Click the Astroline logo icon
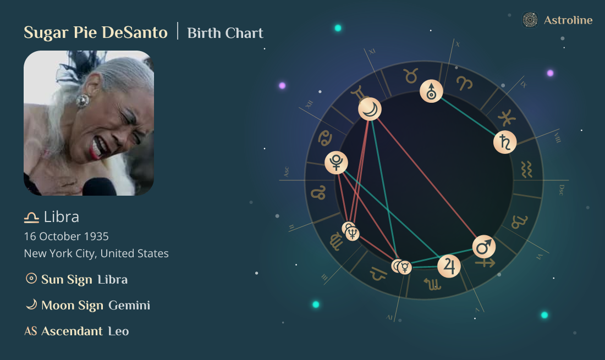(530, 20)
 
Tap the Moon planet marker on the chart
(370, 109)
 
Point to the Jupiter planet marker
(449, 266)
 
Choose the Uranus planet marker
(431, 91)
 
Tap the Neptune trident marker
(353, 234)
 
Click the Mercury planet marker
(405, 268)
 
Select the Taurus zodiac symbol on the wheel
(411, 76)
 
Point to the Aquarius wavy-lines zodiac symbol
(526, 169)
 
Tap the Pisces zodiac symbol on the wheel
(507, 118)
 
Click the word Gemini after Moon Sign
(129, 305)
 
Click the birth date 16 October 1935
(66, 236)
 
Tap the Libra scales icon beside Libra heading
(31, 218)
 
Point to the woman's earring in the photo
(82, 101)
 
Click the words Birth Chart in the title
(226, 33)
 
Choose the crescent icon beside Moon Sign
(31, 304)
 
